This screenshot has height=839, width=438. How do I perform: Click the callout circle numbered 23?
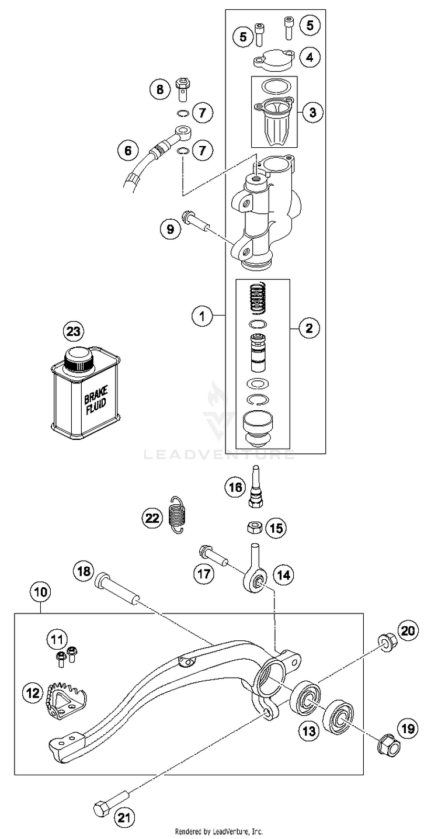[x=74, y=331]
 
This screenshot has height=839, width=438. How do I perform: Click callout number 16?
[x=236, y=488]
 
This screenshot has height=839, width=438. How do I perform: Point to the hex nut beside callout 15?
[x=255, y=529]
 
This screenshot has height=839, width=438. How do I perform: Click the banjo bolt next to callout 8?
[x=183, y=89]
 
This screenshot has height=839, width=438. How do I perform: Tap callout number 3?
[x=312, y=112]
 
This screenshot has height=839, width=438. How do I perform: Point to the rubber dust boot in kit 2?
[x=258, y=429]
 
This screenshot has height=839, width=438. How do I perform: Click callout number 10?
[x=40, y=592]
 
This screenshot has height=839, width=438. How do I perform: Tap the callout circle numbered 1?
[x=203, y=317]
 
